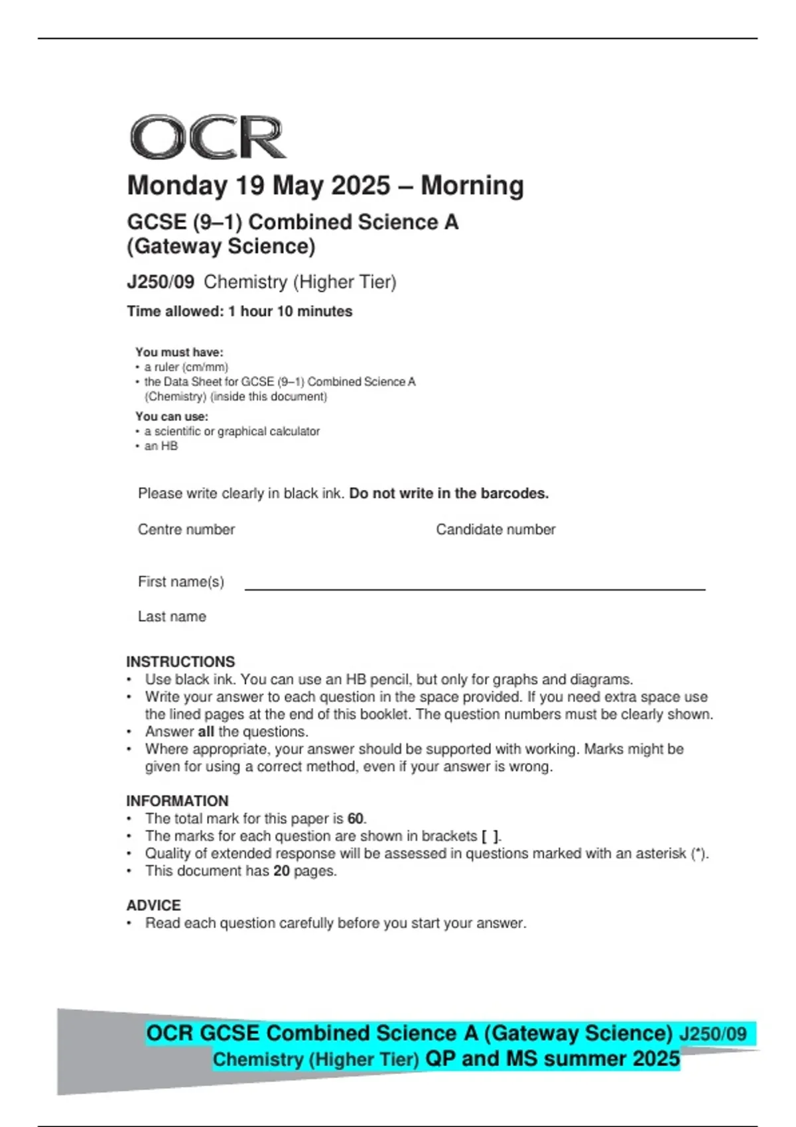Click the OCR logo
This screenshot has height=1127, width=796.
coord(208,138)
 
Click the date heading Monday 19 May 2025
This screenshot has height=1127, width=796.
coord(325,186)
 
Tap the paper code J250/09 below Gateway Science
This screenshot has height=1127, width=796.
coord(161,282)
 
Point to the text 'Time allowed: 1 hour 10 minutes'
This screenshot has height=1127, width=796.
coord(239,312)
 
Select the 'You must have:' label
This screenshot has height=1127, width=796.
coord(179,352)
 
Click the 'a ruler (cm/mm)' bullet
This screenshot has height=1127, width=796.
coord(186,367)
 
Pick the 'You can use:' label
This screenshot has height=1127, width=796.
coord(172,416)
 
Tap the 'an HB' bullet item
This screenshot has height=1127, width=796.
coord(161,446)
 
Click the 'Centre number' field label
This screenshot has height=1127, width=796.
coord(186,530)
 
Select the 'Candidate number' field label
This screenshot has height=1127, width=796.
coord(496,530)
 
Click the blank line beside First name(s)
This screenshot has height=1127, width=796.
coord(474,587)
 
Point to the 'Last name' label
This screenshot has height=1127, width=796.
coord(172,617)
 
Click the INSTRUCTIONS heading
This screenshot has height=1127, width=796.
coord(180,662)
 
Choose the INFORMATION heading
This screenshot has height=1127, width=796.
coord(177,801)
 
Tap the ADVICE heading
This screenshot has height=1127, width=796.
coord(153,906)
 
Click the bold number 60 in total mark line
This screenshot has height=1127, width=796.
coord(356,819)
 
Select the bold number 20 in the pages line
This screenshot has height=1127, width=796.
coord(281,871)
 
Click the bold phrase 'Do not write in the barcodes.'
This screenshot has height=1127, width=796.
coord(449,494)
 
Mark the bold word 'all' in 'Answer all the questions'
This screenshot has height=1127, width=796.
coord(206,732)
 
